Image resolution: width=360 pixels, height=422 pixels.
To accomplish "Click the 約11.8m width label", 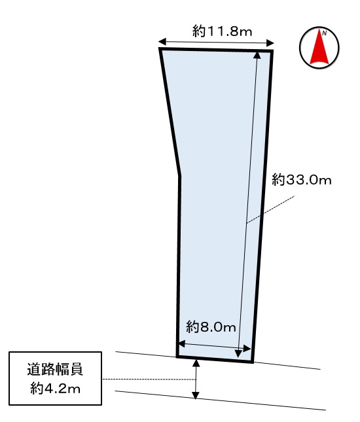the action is pyautogui.click(x=223, y=31).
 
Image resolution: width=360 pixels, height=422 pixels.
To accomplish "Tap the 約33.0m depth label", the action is pyautogui.click(x=302, y=180).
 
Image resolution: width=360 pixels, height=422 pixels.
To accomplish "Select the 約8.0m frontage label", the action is pyautogui.click(x=211, y=327).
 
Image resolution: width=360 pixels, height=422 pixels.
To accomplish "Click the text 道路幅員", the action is pyautogui.click(x=55, y=369).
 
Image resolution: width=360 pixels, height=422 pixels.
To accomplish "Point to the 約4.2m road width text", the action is pyautogui.click(x=55, y=389).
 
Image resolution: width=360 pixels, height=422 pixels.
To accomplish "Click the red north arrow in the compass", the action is pyautogui.click(x=319, y=47).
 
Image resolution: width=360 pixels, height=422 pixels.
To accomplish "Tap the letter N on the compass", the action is pyautogui.click(x=325, y=33).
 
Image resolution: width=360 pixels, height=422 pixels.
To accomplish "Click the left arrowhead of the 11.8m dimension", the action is pyautogui.click(x=162, y=42).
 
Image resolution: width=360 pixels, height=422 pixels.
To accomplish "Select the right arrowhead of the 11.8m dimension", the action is pyautogui.click(x=270, y=43).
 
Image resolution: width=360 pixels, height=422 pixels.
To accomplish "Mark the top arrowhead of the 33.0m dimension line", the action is pyautogui.click(x=257, y=55).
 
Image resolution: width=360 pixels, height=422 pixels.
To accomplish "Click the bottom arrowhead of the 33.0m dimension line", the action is pyautogui.click(x=238, y=353).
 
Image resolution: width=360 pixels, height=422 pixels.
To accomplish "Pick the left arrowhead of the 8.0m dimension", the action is pyautogui.click(x=182, y=343).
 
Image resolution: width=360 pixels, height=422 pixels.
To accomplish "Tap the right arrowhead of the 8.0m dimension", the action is pyautogui.click(x=247, y=349).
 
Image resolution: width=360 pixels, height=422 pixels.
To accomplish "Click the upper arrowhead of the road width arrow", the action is pyautogui.click(x=196, y=363).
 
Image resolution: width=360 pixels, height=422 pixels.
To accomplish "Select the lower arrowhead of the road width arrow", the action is pyautogui.click(x=196, y=395).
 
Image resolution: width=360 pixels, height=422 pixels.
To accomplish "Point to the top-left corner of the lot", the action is pyautogui.click(x=160, y=49).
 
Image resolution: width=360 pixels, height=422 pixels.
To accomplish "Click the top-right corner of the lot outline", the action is pyautogui.click(x=272, y=51).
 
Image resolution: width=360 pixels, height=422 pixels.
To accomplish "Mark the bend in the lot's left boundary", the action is pyautogui.click(x=179, y=175).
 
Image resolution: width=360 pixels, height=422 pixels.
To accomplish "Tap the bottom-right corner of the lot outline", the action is pyautogui.click(x=252, y=361).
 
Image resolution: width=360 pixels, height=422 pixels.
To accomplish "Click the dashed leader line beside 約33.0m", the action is pyautogui.click(x=270, y=209).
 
